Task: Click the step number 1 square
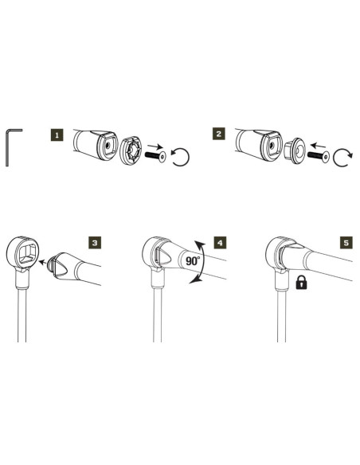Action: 57,135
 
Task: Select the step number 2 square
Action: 219,135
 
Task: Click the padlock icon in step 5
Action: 303,281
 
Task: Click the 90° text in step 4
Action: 188,260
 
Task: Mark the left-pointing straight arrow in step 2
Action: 321,147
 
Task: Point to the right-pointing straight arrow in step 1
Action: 156,146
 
